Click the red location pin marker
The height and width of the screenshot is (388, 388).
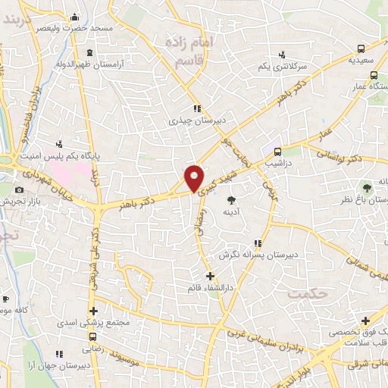click(196, 177)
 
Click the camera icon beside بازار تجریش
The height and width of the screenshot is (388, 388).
click(19, 189)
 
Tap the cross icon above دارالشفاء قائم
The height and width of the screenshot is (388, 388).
click(210, 275)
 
